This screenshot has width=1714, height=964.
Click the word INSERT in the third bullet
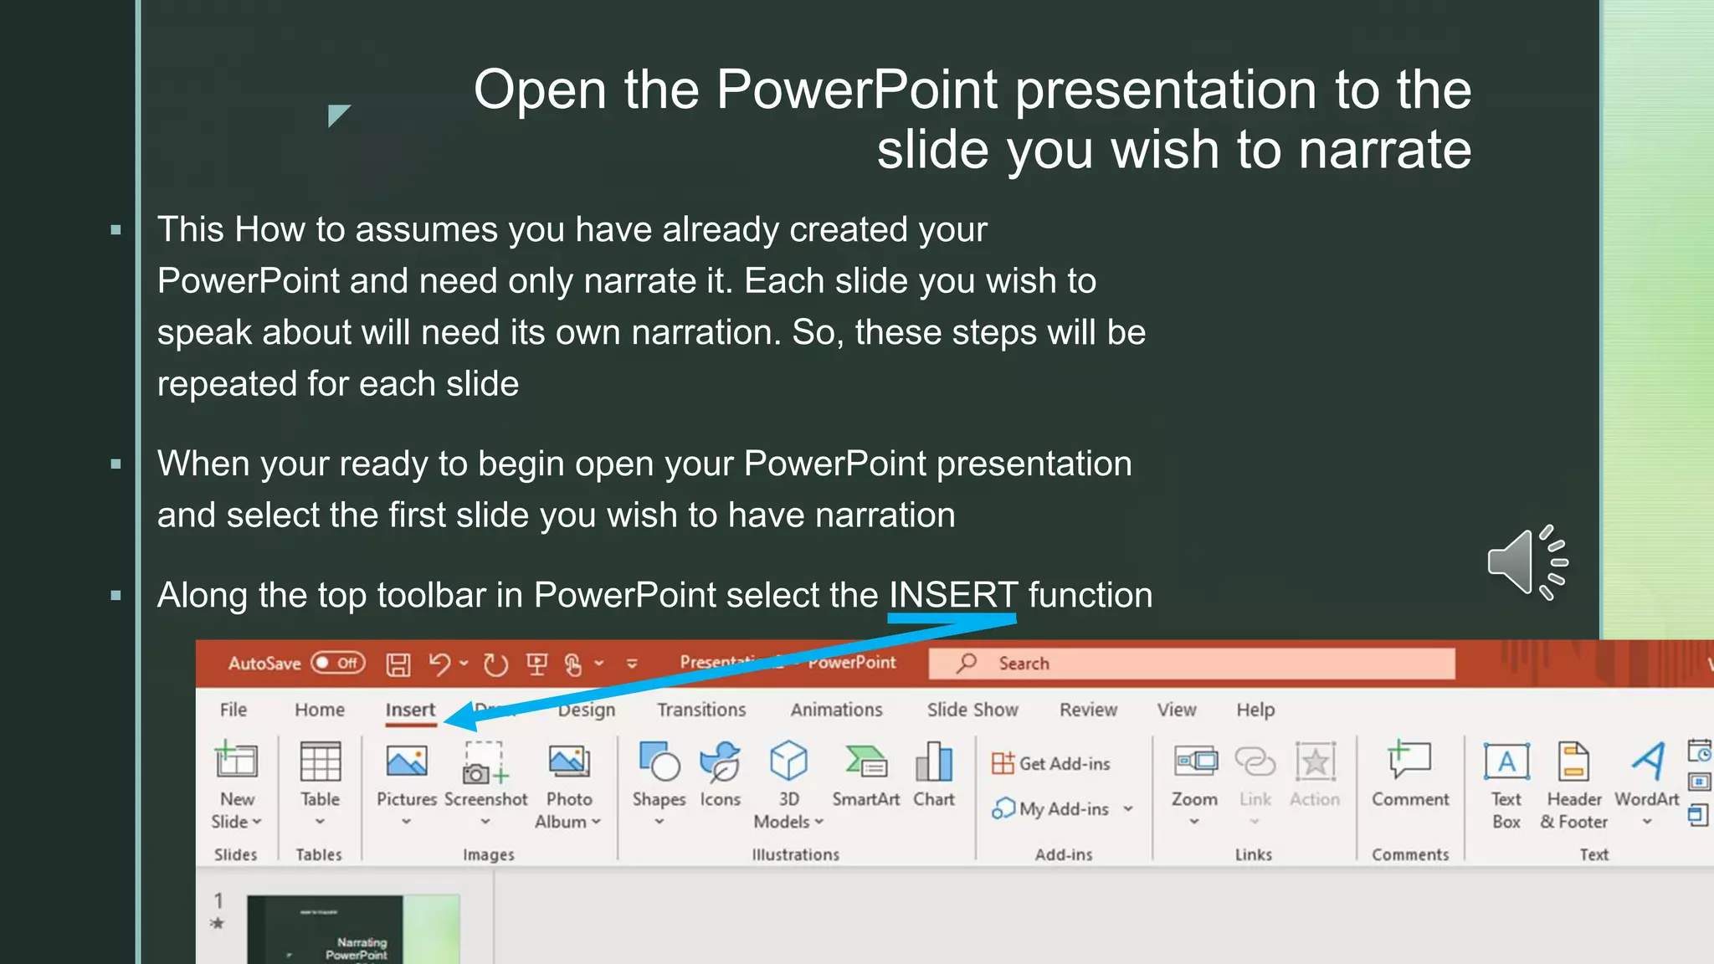pos(953,596)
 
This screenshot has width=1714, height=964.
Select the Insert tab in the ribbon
pos(410,710)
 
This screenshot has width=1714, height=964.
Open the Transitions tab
pos(700,710)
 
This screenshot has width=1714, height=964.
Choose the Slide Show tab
pos(972,710)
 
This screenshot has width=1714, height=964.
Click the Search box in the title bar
pos(1191,664)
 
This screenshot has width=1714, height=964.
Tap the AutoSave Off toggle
pos(337,664)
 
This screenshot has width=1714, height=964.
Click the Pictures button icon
pos(407,762)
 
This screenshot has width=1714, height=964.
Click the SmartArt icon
pos(865,762)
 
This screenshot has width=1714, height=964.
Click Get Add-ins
pos(1051,763)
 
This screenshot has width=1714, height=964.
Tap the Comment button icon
pos(1409,761)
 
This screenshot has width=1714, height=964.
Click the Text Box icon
pos(1506,762)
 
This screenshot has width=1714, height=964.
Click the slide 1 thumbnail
pos(352,930)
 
